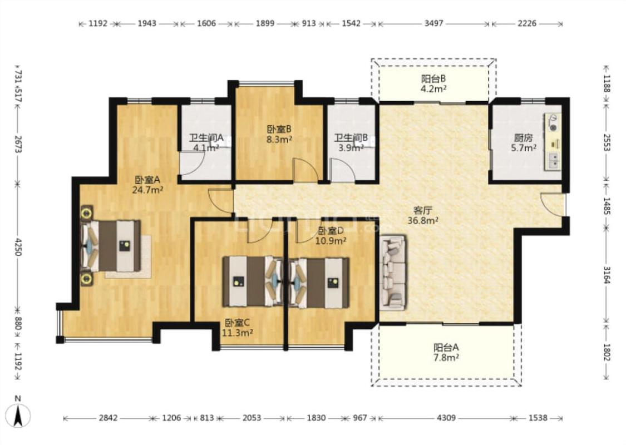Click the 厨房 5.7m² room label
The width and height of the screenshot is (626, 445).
(524, 143)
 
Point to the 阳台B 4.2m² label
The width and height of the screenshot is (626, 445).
(433, 83)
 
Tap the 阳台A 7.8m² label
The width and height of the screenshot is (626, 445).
(446, 353)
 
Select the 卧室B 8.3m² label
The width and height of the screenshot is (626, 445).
(279, 134)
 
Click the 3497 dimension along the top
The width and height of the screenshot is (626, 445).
(433, 23)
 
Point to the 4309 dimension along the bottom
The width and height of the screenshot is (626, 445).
(446, 418)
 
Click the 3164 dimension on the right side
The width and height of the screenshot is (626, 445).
(607, 275)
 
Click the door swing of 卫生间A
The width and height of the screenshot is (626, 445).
(193, 163)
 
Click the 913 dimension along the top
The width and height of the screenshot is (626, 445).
(309, 23)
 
